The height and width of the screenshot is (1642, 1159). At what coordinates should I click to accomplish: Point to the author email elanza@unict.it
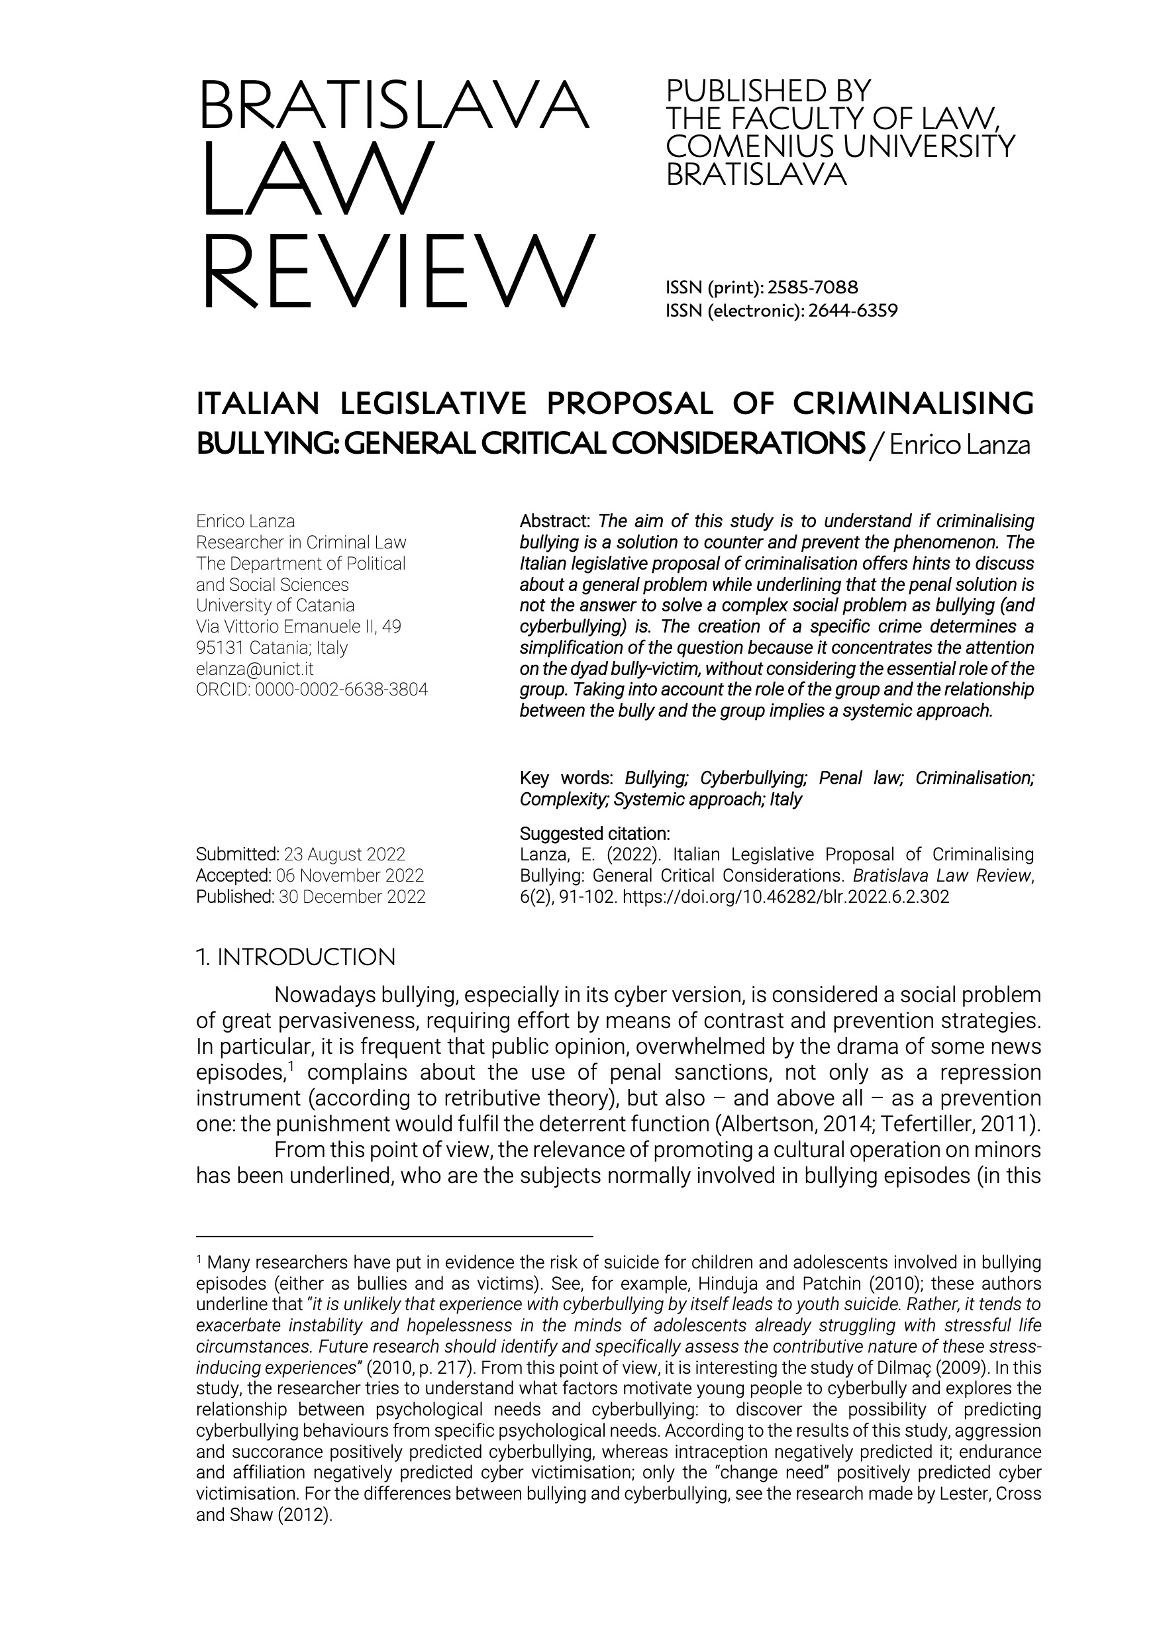[254, 669]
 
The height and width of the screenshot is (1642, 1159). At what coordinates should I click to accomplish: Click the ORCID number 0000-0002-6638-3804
[341, 690]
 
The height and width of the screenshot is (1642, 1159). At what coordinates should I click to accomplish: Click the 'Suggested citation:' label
[595, 833]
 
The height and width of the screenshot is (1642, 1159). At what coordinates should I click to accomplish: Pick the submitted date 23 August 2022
[344, 854]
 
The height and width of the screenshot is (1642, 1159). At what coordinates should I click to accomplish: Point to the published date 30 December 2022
[352, 897]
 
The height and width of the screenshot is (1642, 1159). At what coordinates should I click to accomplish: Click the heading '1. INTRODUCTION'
[295, 957]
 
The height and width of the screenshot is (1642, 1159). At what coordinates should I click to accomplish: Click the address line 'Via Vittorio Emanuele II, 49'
[298, 627]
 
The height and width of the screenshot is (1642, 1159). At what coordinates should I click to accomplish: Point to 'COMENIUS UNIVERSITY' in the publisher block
[840, 146]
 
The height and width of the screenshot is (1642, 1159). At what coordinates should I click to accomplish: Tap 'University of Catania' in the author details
[276, 606]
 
